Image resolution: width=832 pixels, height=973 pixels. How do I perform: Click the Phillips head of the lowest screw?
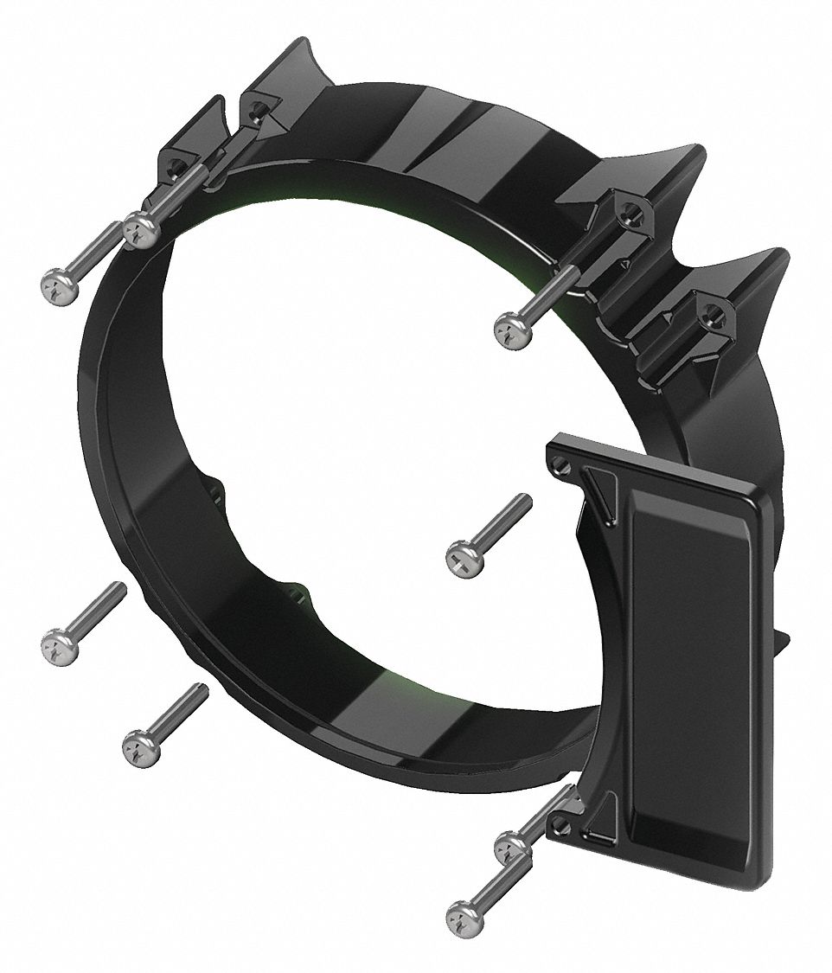point(464,915)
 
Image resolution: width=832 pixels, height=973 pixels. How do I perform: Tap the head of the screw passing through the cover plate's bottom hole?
point(513,845)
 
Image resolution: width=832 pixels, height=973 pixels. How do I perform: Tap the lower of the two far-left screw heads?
point(59,645)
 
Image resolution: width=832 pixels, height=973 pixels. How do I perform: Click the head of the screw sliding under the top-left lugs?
point(140,230)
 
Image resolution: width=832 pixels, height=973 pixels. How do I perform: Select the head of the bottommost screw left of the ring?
point(141,746)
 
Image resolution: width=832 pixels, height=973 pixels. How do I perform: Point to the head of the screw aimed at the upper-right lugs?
point(512,331)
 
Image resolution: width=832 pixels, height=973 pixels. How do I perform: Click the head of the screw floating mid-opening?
point(464,560)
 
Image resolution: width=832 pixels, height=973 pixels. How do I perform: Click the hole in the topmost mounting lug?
point(256,111)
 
